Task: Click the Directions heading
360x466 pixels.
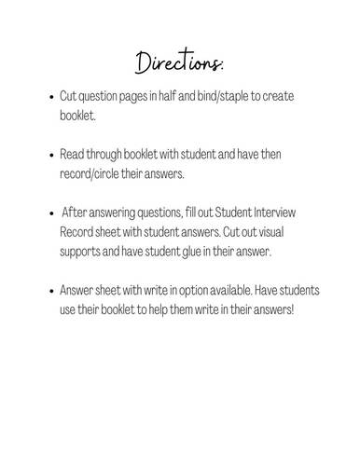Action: pos(179,63)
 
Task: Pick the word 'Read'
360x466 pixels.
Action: pos(74,152)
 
